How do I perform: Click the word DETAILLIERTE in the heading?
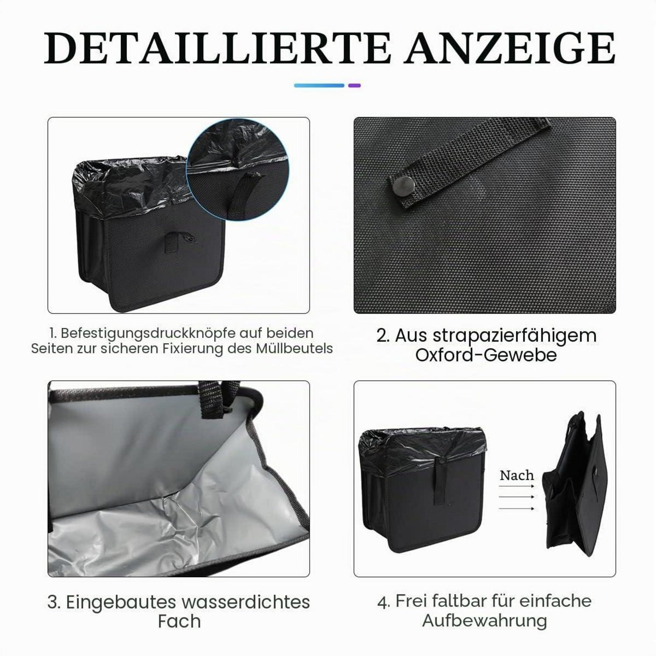click(217, 48)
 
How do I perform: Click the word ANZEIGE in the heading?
click(509, 48)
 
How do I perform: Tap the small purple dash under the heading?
click(354, 85)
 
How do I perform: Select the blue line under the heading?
click(319, 85)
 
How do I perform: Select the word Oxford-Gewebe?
click(486, 355)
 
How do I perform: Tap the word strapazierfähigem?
click(515, 336)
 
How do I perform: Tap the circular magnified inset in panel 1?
click(238, 169)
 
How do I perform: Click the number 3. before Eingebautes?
click(54, 602)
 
